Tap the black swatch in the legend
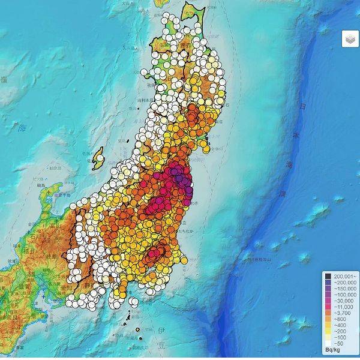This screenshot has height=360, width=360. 329,276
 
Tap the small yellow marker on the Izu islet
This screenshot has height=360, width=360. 139,329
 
